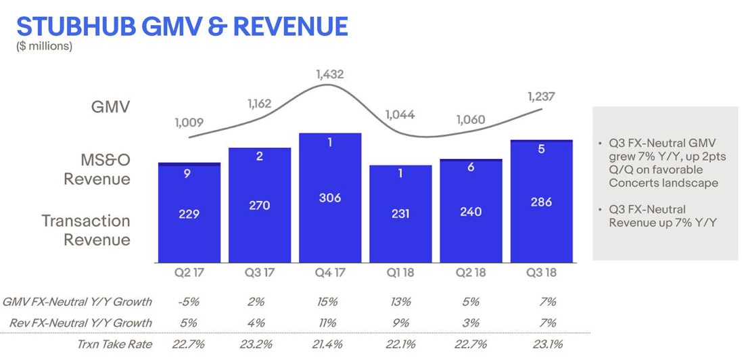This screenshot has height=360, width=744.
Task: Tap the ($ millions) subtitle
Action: point(44,46)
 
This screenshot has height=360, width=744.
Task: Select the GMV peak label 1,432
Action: point(329,74)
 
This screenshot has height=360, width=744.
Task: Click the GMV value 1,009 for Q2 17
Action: point(189,123)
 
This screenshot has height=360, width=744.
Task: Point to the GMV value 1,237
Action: point(541,97)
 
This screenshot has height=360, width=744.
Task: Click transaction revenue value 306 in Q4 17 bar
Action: point(329,198)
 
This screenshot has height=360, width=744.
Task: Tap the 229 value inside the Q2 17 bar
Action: point(189,214)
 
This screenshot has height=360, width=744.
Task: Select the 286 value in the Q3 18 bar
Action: point(541,202)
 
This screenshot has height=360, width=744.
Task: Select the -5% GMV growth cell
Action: point(189,302)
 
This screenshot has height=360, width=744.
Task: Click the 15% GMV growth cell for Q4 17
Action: point(329,302)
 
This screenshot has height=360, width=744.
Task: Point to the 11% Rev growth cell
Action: point(329,323)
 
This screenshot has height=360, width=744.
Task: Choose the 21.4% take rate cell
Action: point(329,344)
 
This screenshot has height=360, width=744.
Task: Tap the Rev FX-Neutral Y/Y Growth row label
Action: point(80,323)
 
